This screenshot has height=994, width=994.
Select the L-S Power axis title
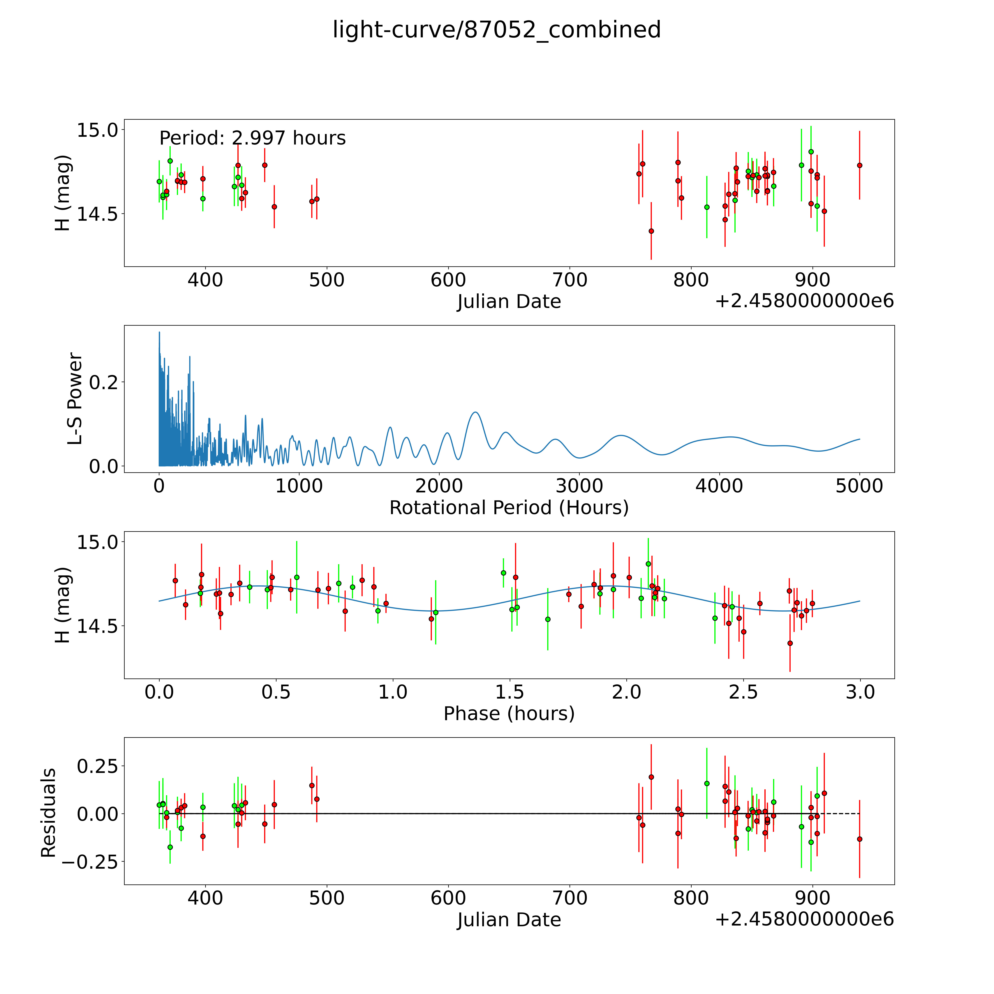point(75,399)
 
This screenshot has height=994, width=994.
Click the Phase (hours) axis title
point(509,714)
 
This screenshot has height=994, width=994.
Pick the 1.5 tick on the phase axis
point(509,692)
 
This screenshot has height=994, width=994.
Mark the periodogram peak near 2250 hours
point(475,412)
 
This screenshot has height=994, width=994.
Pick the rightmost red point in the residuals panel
point(859,839)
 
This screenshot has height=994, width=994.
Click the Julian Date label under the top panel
point(509,302)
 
